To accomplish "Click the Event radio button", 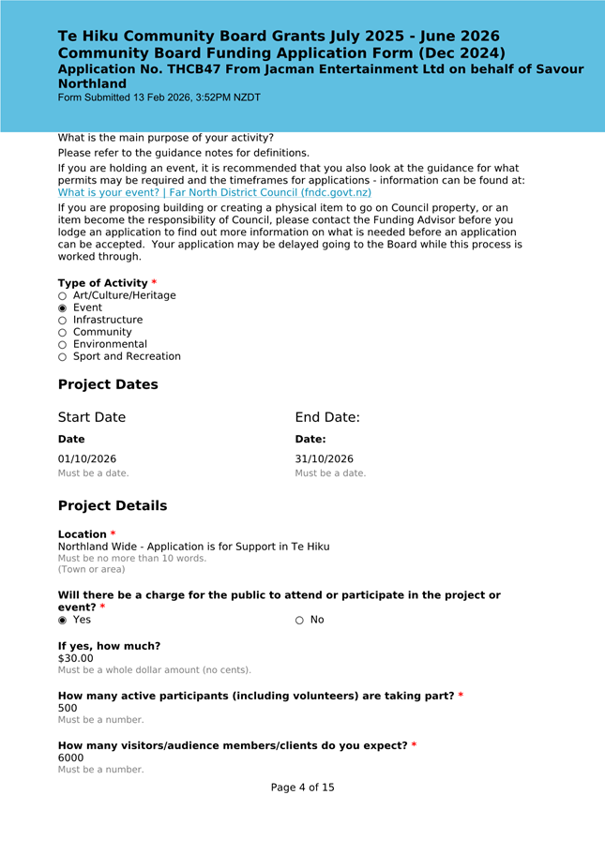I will tap(63, 307).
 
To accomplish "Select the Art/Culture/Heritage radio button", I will tap(63, 295).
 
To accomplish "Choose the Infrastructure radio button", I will tap(63, 320).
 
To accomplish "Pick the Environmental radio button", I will tap(63, 344).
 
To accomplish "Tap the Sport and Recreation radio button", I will tap(63, 356).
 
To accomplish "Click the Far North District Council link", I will tap(215, 192).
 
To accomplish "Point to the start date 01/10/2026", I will tap(87, 459).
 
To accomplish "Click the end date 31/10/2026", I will tap(325, 459).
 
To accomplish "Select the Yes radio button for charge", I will tap(63, 620).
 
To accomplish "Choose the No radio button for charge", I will tap(300, 620).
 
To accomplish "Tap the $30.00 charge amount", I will tap(76, 658).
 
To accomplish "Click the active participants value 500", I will tap(68, 708).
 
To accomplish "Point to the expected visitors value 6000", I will tap(71, 757).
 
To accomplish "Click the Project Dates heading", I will tap(108, 384).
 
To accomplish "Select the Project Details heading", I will tap(113, 505).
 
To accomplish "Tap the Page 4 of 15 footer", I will tap(302, 787).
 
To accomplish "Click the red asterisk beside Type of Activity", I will tap(154, 283).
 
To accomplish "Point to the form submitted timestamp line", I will tap(159, 97).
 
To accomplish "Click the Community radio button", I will tap(63, 332).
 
